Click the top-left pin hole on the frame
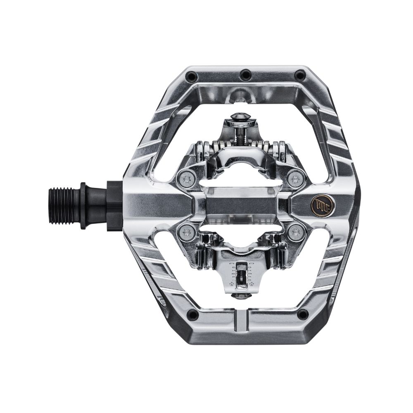[x=191, y=76]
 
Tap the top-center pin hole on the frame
[x=246, y=75]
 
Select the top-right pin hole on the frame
[x=300, y=76]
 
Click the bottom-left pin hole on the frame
[x=192, y=315]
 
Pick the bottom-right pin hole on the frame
[x=302, y=314]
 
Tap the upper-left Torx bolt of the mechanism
[x=187, y=179]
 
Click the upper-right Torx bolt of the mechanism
[x=296, y=178]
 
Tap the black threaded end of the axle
[x=64, y=205]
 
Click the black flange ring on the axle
[x=83, y=205]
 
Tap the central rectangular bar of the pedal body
[x=241, y=205]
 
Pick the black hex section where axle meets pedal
[x=115, y=205]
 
